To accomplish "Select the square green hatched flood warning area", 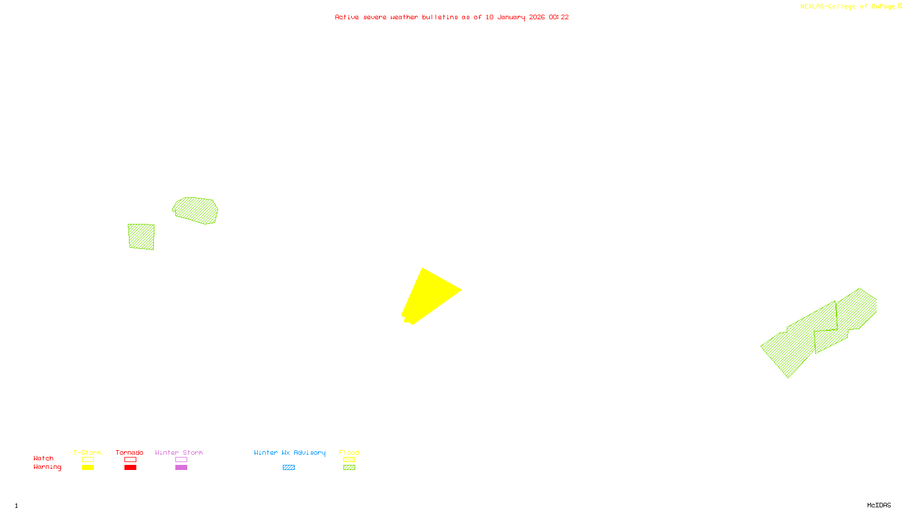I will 141,236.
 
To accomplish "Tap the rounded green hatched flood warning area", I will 196,210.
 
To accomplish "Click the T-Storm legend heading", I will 87,452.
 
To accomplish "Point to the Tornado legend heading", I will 130,452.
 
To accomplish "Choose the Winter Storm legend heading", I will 179,452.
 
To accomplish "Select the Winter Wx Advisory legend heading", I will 290,452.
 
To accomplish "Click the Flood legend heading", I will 349,452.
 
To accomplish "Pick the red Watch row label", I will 44,459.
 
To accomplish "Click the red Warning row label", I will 48,467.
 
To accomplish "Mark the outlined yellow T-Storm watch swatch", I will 88,460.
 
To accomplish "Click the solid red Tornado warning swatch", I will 130,468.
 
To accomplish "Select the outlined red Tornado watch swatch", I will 130,460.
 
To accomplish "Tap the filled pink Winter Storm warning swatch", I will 181,468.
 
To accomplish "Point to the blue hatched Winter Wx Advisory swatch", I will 288,468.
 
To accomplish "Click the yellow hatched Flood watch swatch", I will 349,460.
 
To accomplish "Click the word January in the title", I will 511,18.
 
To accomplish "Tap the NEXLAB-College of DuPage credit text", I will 848,7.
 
